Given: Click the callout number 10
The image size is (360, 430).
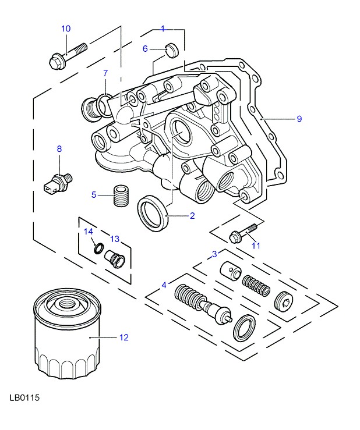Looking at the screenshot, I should point(65,29).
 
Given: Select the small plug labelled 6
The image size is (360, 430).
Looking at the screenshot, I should point(171,50).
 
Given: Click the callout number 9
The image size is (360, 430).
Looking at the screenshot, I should point(299,119).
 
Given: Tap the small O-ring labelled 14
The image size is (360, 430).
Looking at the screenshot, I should point(97,250).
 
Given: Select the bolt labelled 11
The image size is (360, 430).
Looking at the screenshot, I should point(242,233).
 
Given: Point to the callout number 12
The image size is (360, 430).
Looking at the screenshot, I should point(123,337).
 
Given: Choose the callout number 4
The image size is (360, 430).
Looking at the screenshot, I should point(164,285).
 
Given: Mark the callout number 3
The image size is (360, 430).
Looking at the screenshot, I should point(214,254).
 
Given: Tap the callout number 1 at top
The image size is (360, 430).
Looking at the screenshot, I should point(163,28).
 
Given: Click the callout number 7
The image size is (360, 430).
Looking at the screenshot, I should point(105,73).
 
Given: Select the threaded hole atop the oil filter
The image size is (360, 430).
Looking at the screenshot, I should point(65,302).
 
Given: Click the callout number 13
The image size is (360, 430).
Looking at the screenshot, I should point(114,239).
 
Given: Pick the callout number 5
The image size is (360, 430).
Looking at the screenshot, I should point(93,194).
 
